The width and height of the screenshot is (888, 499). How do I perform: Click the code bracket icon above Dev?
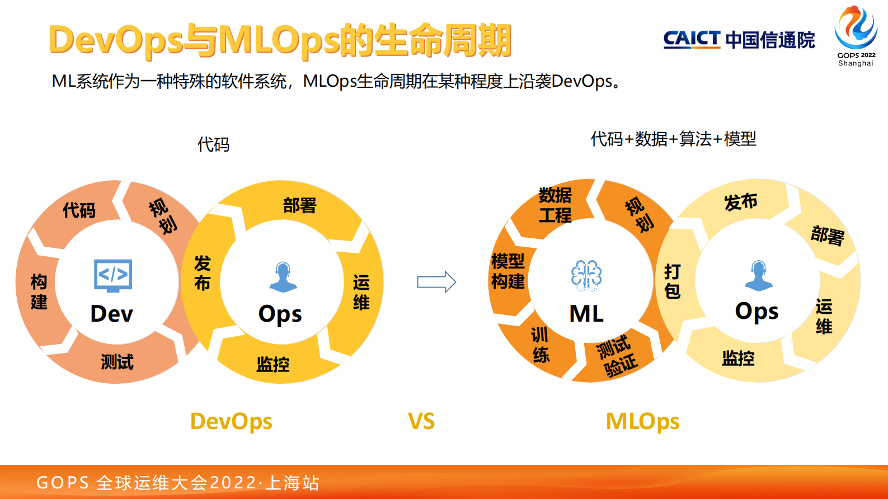(x=113, y=275)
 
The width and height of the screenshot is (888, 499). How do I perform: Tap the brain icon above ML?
(x=586, y=275)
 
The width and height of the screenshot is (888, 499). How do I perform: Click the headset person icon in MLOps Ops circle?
(x=758, y=275)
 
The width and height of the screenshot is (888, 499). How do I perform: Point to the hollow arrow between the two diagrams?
(x=436, y=282)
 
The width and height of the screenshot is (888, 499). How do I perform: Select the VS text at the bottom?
(x=421, y=421)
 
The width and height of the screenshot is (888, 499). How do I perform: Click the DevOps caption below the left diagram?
(x=231, y=421)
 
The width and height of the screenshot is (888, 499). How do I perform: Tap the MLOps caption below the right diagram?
(x=642, y=421)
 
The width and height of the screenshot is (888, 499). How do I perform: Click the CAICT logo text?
(x=692, y=39)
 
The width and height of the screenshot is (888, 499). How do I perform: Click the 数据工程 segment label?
(x=555, y=205)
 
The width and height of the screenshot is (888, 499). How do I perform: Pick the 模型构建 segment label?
(x=508, y=271)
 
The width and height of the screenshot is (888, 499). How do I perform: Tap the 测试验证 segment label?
(x=617, y=356)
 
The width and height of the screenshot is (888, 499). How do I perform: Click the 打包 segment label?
(x=672, y=281)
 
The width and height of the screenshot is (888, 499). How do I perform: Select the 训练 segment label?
(x=540, y=345)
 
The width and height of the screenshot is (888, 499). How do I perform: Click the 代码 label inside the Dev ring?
(x=79, y=210)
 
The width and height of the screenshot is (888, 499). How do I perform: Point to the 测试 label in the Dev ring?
(x=117, y=362)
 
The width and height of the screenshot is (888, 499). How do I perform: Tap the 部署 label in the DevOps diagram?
(x=299, y=205)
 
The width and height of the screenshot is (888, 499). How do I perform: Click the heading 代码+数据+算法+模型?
(x=673, y=139)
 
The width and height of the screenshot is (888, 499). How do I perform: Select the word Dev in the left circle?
(x=112, y=314)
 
